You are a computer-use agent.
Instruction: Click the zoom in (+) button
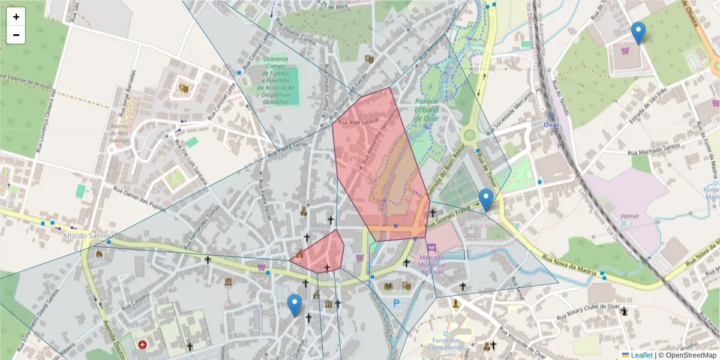pyautogui.click(x=16, y=17)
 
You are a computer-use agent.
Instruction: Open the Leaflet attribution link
pyautogui.click(x=641, y=355)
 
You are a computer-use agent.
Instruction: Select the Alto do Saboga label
pyautogui.click(x=86, y=236)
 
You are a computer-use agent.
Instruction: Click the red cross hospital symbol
pyautogui.click(x=142, y=345)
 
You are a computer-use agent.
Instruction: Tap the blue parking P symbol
pyautogui.click(x=396, y=304)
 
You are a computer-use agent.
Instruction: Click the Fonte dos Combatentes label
pyautogui.click(x=446, y=343)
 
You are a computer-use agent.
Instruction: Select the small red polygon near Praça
pyautogui.click(x=320, y=252)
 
